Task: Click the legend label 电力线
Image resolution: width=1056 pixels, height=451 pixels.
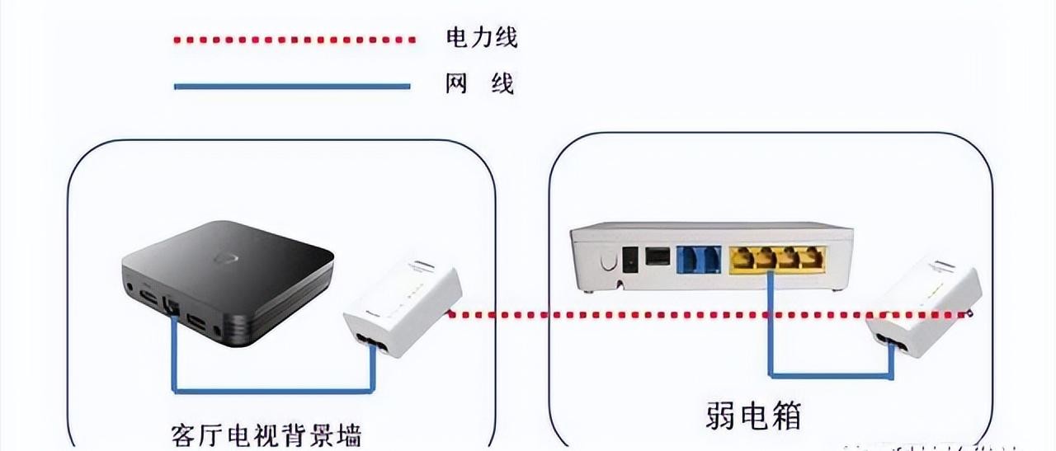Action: (x=481, y=37)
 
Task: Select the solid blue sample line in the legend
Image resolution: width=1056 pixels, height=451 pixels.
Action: (x=292, y=85)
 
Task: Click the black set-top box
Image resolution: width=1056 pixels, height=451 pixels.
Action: (x=227, y=280)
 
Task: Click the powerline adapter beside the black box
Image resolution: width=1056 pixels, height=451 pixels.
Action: (x=402, y=309)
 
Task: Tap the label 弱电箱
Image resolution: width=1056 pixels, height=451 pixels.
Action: (x=753, y=415)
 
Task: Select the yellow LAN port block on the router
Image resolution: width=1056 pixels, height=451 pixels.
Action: (x=775, y=258)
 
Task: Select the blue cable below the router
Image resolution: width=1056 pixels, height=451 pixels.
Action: (x=829, y=375)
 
